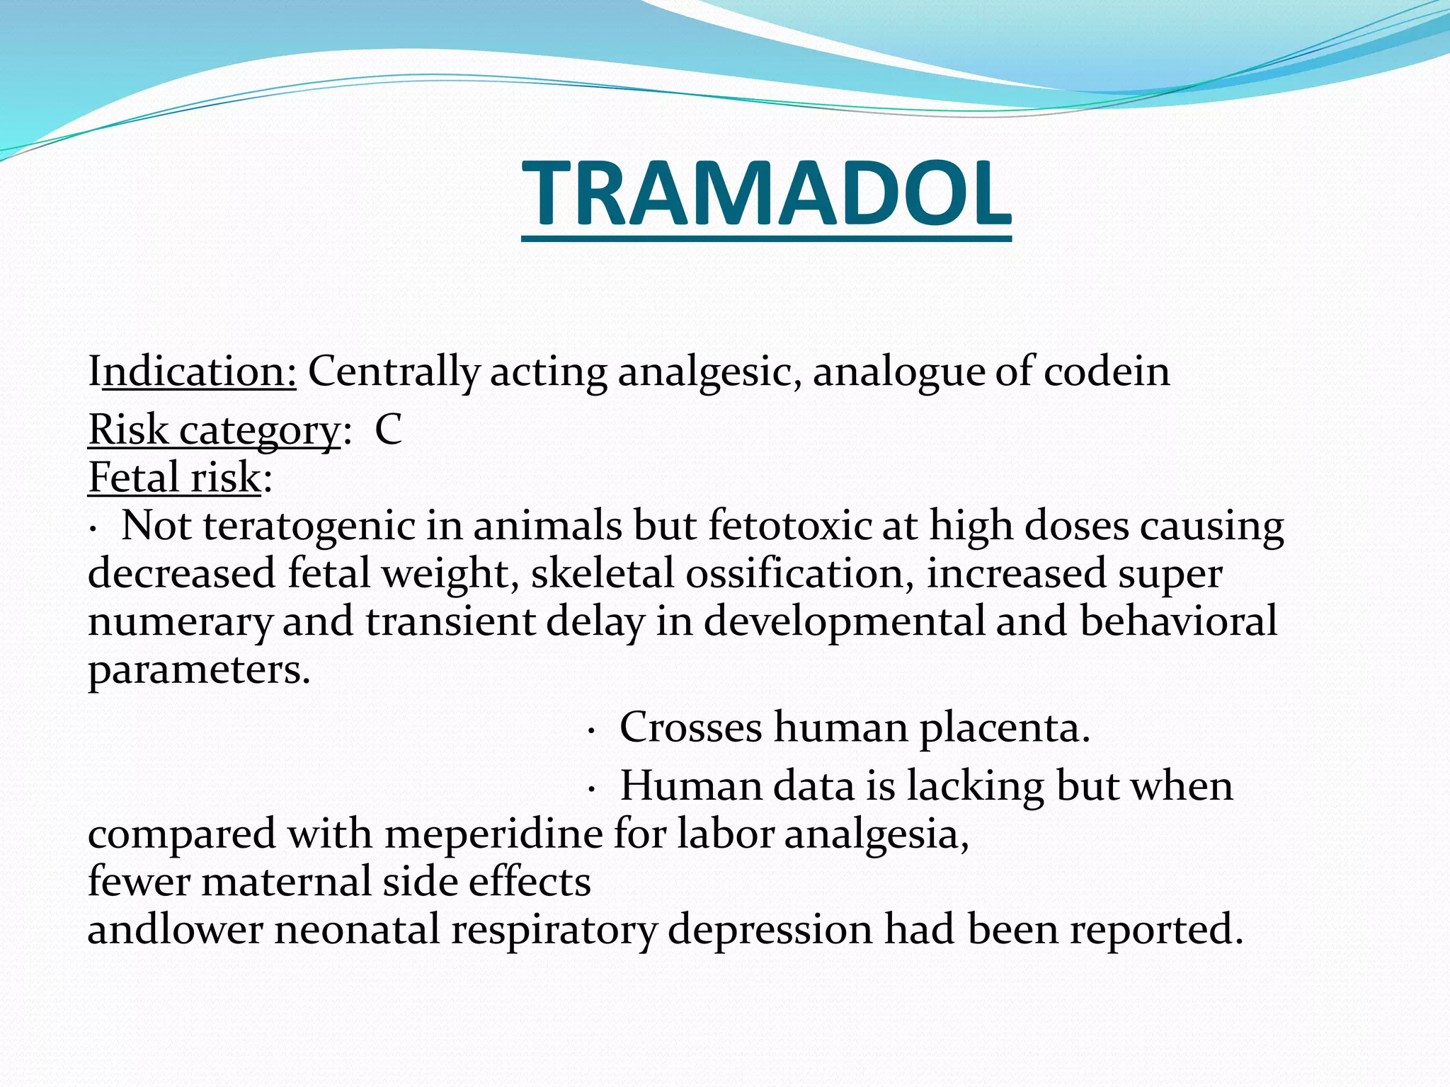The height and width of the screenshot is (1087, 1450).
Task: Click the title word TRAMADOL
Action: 766,193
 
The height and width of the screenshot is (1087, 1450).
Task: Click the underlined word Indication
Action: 192,371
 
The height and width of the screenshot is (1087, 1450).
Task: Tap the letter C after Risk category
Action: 388,429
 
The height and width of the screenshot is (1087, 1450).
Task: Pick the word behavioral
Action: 1178,621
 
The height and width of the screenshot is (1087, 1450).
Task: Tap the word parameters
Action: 199,669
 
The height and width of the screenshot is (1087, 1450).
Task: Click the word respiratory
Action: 554,931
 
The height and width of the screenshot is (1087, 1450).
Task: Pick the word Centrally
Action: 394,371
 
